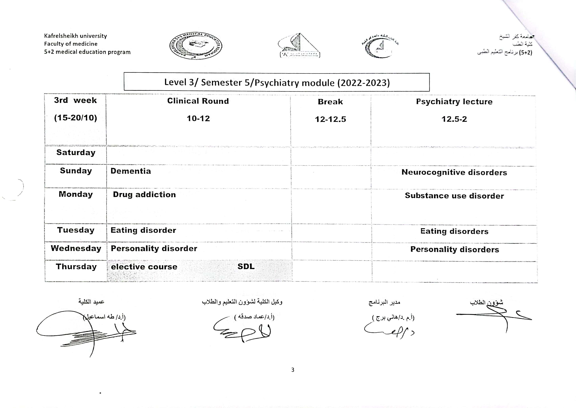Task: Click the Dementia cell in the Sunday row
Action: coord(131,171)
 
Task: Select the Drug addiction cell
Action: coord(144,195)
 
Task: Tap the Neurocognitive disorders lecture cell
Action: coord(454,172)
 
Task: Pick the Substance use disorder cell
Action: coord(454,196)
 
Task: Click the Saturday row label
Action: coord(76,153)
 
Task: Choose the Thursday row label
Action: coord(76,267)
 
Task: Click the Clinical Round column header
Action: coord(198,101)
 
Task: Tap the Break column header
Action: coord(330,102)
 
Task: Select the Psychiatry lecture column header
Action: coord(454,101)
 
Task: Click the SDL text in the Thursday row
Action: coord(246,266)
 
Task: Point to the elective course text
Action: coord(144,267)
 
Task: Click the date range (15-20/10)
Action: coord(75,118)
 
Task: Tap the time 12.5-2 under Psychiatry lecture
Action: coord(454,119)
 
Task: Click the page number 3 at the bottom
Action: coord(293,370)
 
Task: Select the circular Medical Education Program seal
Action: coord(196,46)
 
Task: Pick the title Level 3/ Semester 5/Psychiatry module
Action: coord(277,82)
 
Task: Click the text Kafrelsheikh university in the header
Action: coord(75,36)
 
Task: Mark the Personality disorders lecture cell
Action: coord(454,250)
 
